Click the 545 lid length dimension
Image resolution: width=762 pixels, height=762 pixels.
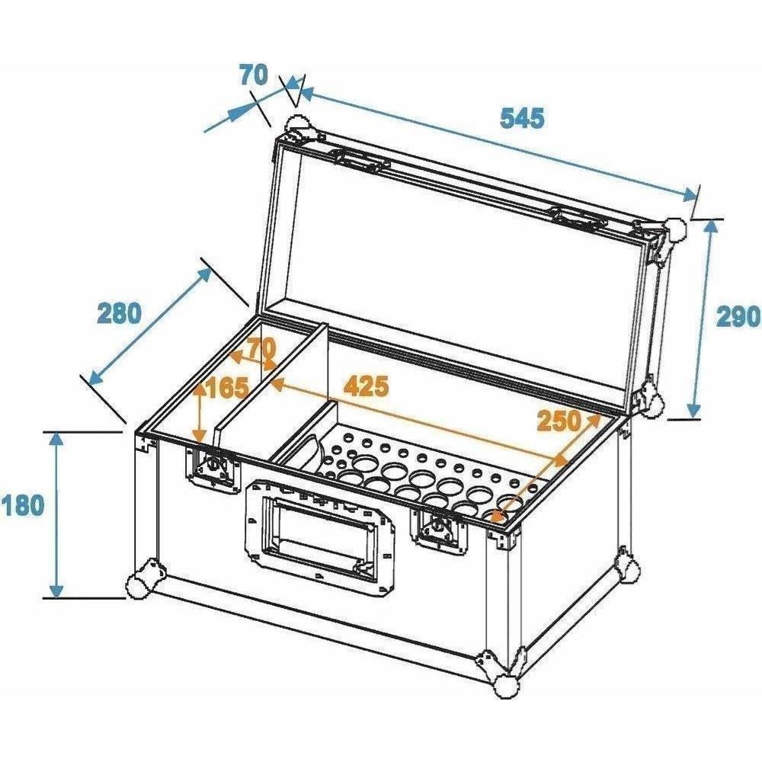coord(523,118)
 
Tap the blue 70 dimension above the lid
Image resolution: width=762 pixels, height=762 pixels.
coord(253,75)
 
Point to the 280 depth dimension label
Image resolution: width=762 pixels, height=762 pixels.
coord(119,312)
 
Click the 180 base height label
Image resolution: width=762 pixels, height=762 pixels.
coord(22,505)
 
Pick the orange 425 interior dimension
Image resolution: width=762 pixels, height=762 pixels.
coord(367,386)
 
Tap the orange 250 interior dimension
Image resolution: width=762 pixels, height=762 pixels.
coord(559,421)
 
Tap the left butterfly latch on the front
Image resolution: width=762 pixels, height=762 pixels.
coord(213,468)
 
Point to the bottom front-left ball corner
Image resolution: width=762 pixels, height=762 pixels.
coord(141,581)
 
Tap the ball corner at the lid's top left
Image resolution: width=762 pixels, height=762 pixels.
coord(300,129)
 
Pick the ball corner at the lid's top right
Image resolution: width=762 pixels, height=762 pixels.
coord(673,235)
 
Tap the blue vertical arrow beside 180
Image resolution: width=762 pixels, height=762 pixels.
coord(57,515)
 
